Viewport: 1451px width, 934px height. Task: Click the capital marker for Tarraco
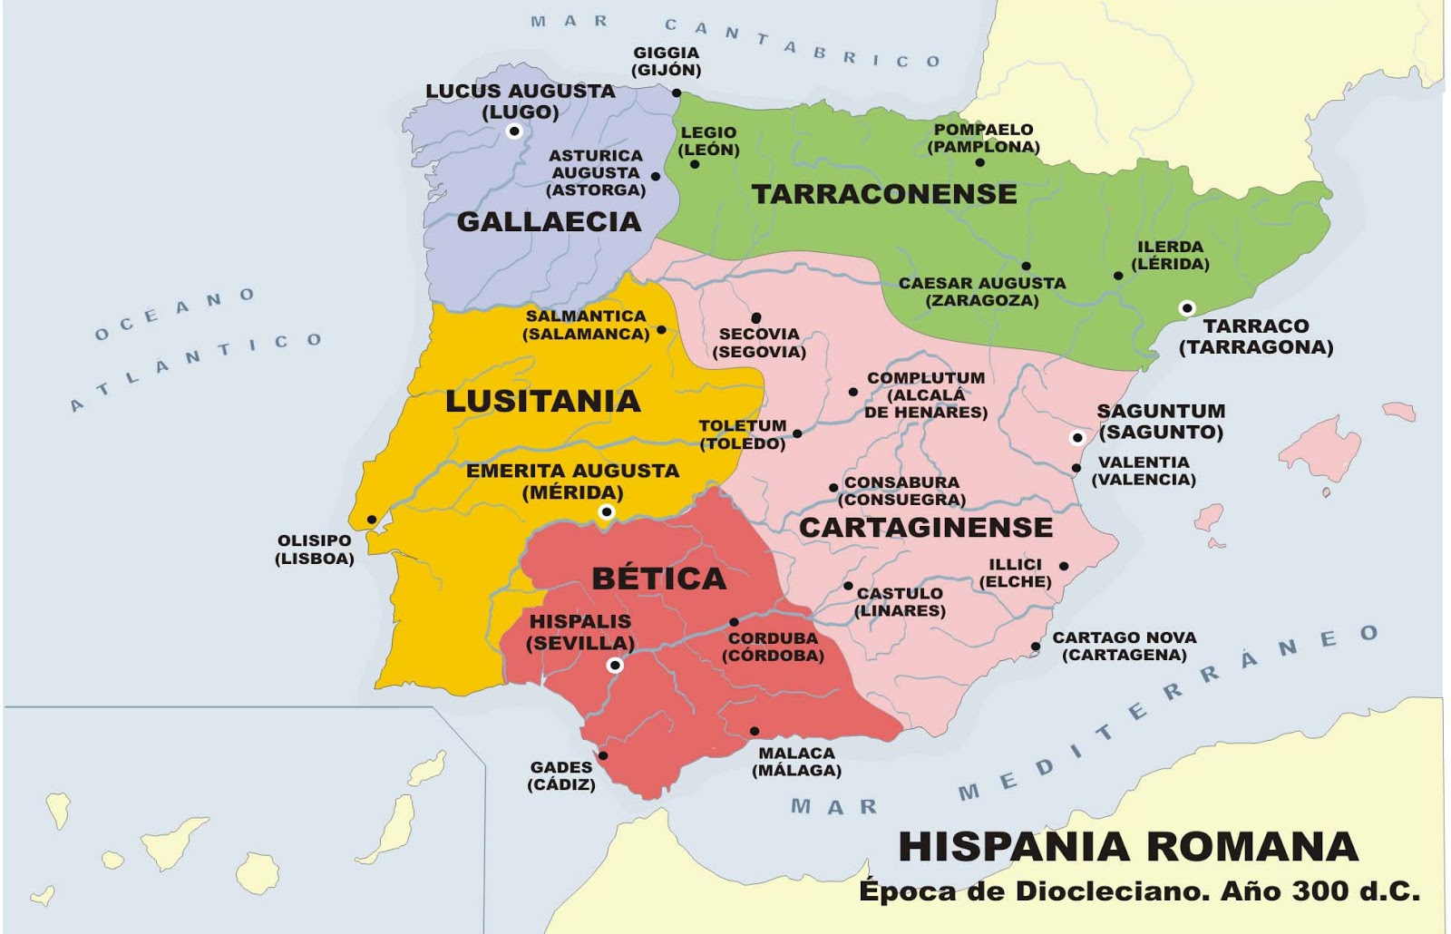(x=1186, y=308)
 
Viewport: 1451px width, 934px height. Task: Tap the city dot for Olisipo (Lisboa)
(x=372, y=520)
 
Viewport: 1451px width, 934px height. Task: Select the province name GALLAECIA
(x=549, y=221)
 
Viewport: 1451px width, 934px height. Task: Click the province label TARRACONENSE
(x=884, y=193)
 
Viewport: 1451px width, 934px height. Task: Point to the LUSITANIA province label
(x=542, y=401)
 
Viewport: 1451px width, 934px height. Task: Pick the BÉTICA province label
(x=658, y=579)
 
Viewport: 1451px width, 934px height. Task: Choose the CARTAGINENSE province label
(x=926, y=527)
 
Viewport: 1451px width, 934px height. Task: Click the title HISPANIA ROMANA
(x=1128, y=847)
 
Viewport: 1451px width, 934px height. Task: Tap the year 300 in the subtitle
(x=1322, y=891)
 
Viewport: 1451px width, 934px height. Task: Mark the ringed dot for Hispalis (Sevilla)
(x=615, y=666)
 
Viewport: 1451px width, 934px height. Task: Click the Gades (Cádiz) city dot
(x=603, y=755)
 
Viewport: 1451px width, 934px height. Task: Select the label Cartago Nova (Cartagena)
(x=1125, y=646)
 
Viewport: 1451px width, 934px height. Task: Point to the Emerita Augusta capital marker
(x=607, y=512)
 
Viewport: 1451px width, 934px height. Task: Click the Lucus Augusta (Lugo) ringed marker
(x=514, y=131)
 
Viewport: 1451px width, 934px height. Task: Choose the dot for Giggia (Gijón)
(x=677, y=92)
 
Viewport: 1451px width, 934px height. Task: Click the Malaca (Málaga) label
(x=796, y=761)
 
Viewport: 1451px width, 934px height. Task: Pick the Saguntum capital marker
(x=1077, y=438)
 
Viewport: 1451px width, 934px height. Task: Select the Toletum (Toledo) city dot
(x=797, y=433)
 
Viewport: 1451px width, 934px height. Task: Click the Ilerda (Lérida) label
(x=1170, y=255)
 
